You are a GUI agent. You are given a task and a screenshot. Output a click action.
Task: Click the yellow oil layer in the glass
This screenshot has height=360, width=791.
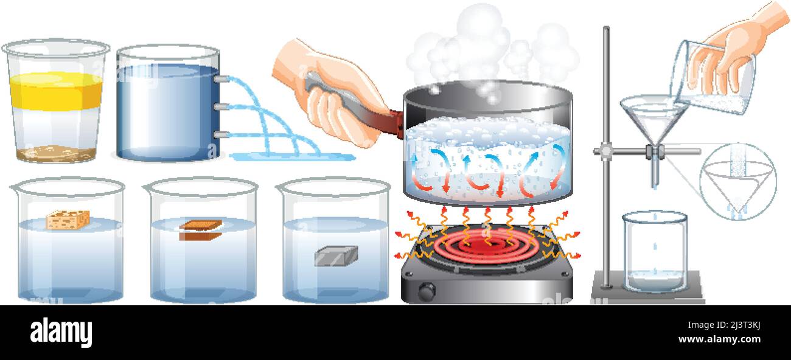click(55, 92)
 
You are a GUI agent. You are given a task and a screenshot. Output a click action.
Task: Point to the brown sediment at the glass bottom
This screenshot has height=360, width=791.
click(55, 153)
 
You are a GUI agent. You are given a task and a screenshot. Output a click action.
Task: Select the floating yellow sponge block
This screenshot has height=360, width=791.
click(68, 220)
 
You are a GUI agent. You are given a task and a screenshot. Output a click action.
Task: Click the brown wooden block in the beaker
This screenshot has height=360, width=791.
click(200, 230)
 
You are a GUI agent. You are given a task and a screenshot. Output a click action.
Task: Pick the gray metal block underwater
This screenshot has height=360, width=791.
click(335, 255)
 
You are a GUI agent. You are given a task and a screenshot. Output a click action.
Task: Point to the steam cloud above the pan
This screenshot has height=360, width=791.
click(487, 49)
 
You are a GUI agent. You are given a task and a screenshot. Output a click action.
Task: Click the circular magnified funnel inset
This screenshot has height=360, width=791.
click(737, 181)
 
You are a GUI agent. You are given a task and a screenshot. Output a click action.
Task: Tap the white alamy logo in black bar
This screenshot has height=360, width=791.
click(61, 332)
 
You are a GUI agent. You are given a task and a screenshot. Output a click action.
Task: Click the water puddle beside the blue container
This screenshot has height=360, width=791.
click(292, 157)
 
